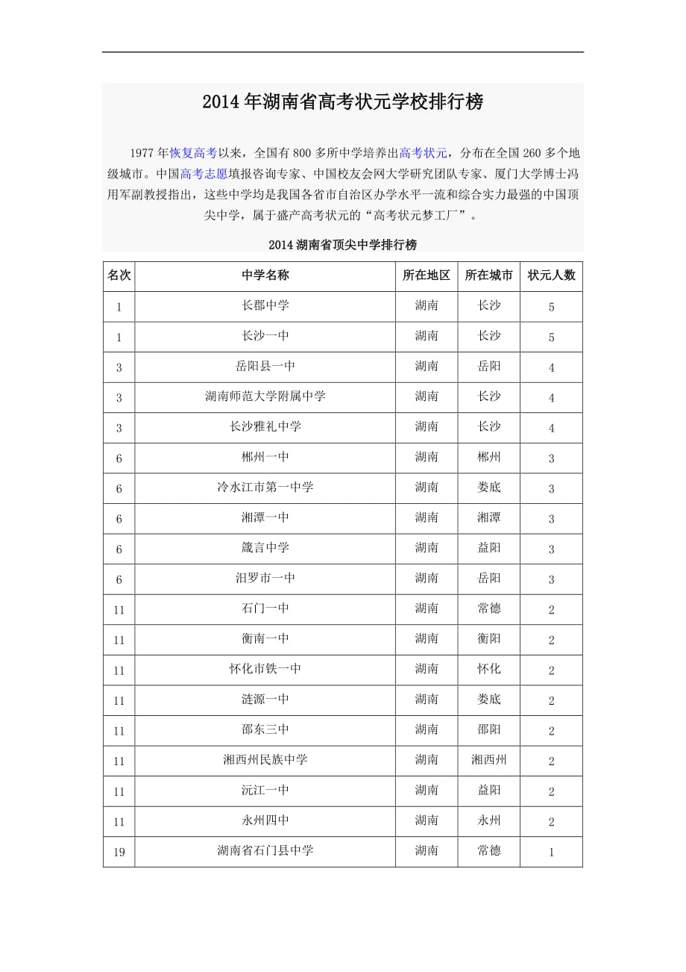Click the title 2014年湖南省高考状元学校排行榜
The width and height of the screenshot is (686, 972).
click(x=342, y=102)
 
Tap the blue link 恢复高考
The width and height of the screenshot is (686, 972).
click(x=193, y=153)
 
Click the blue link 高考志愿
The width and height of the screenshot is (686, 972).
click(x=204, y=175)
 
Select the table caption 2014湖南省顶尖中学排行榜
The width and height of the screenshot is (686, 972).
click(x=342, y=245)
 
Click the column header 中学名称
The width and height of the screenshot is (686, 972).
click(x=265, y=275)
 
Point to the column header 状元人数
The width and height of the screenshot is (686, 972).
click(x=551, y=275)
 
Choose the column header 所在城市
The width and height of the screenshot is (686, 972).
click(x=488, y=275)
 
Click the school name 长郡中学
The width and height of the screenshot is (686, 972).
click(x=265, y=305)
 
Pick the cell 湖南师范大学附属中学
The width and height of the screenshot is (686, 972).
click(x=265, y=396)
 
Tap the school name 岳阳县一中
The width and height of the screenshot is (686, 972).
click(x=265, y=366)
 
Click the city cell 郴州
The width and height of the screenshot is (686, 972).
click(x=488, y=457)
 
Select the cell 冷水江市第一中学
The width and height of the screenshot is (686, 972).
click(x=265, y=487)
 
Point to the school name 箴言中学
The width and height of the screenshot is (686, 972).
click(x=265, y=548)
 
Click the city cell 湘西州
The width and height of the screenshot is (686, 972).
click(x=488, y=760)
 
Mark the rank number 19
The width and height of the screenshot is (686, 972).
click(x=119, y=852)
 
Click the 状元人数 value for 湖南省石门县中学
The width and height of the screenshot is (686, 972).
click(x=551, y=852)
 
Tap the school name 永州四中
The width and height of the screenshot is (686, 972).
click(x=265, y=820)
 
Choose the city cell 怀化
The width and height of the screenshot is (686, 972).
click(x=488, y=669)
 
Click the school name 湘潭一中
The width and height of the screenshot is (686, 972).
click(x=265, y=517)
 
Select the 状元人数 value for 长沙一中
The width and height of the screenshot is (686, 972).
click(x=551, y=337)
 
